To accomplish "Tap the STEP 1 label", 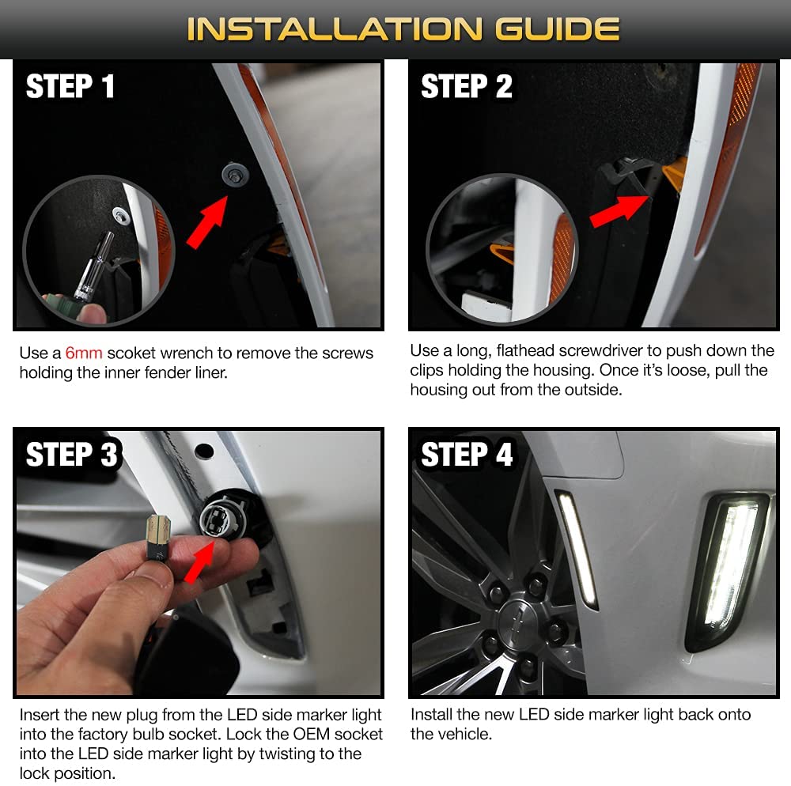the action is point(70,86).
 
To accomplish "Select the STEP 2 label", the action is point(467,86).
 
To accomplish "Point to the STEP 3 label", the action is point(71,454).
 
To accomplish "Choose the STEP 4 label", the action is point(467,454).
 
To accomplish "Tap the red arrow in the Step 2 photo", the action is point(619,211).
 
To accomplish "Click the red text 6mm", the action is point(84,353).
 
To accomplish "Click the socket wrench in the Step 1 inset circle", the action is point(93,266).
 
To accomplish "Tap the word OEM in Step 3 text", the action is point(311,734).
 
